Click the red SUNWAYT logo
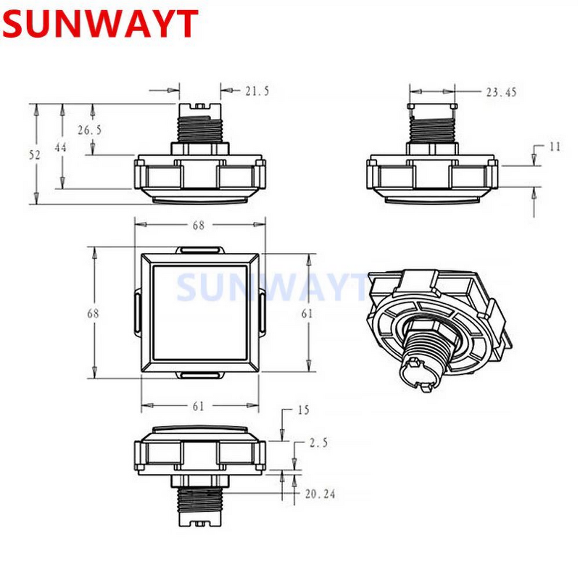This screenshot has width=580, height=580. pos(99,25)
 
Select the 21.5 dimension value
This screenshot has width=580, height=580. pos(257,91)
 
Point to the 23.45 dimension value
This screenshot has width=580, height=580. pos(501,92)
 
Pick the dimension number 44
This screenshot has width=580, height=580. pos(62,147)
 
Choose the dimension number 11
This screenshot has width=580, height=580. pos(555,146)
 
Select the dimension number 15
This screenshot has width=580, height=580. pos(302,410)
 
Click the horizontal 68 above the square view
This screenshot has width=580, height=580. pos(198,225)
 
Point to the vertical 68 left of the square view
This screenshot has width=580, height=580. pos(93,313)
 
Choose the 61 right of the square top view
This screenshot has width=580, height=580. pos(307,313)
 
